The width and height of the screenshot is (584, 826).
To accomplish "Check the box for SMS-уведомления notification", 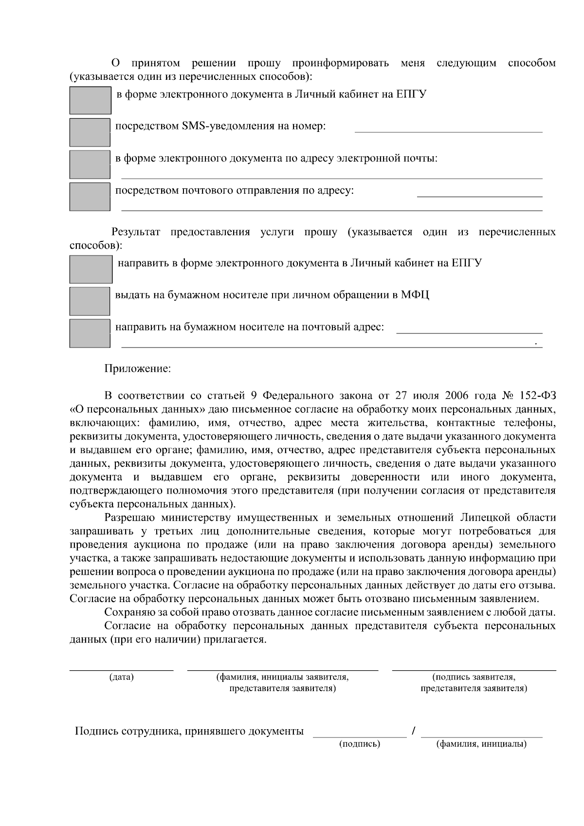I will pos(90,132).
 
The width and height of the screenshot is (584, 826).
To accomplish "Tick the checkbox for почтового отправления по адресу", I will pos(90,197).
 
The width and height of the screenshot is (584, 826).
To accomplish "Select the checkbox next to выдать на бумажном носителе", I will pos(90,301).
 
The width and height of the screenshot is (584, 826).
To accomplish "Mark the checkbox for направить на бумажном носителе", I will pos(90,333).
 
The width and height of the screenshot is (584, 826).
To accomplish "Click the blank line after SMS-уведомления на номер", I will pos(448,130).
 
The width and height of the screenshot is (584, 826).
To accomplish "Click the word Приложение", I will pos(138,368).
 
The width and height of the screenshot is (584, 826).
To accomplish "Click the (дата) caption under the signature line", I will pos(122,677).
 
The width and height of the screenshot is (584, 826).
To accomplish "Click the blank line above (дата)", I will pos(121,669).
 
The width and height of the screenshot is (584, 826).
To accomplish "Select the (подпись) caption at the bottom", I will pos(359,744).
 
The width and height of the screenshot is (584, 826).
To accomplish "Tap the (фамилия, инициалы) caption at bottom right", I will pos(481,744).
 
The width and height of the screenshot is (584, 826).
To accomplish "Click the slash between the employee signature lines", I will pos(413,731).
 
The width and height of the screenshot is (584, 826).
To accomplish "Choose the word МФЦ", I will pos(415,295).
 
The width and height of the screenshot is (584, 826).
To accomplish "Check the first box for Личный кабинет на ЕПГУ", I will pos(90,100).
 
